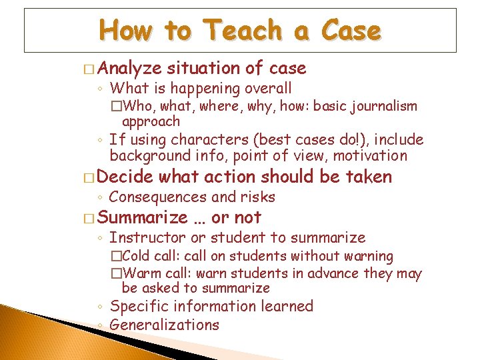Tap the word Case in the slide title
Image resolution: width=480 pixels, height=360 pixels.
(x=351, y=30)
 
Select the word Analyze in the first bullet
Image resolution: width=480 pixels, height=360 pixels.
(x=133, y=68)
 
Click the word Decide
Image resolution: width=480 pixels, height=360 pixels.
(x=129, y=177)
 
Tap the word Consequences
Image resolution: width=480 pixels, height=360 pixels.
(x=158, y=197)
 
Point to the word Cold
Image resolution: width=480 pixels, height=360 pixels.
(x=136, y=256)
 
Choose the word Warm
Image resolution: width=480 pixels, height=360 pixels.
(x=139, y=273)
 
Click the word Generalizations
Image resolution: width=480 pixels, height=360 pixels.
(x=164, y=325)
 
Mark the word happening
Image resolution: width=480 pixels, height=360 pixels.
(x=204, y=88)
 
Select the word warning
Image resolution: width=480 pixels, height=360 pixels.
(x=367, y=256)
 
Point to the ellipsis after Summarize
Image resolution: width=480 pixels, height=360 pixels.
(x=199, y=218)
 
